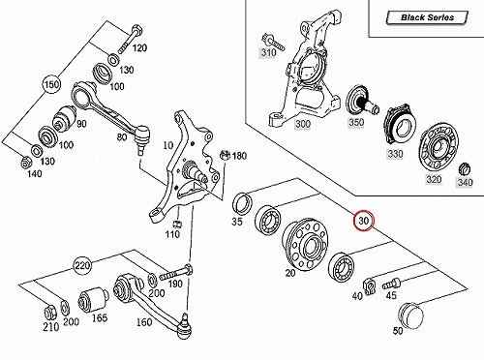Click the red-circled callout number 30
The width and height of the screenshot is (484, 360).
tap(364, 221)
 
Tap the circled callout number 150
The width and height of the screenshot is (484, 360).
tap(51, 85)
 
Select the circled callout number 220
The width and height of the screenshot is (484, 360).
tap(82, 266)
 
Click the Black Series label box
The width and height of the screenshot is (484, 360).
tap(427, 17)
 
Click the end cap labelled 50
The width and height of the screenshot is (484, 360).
tap(410, 315)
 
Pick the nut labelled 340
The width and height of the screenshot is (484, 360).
tap(465, 169)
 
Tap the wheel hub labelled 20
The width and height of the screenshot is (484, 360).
tap(305, 244)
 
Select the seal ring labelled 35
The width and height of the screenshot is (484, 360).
tap(242, 203)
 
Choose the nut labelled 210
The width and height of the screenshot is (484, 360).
tap(50, 311)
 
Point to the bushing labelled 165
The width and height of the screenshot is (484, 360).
tap(94, 300)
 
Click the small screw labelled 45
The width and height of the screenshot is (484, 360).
tap(391, 285)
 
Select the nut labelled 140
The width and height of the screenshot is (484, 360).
tap(25, 163)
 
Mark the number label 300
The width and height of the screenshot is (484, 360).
tap(303, 124)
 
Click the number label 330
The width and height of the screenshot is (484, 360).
tap(395, 154)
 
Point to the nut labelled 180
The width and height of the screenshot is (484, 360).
tap(225, 155)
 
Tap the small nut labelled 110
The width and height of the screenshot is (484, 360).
tap(177, 224)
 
